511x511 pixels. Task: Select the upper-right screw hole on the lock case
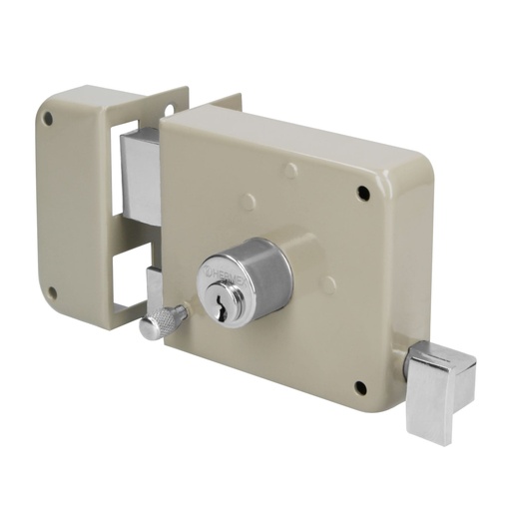click(x=360, y=190)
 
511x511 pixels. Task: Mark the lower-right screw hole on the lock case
click(x=362, y=384)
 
